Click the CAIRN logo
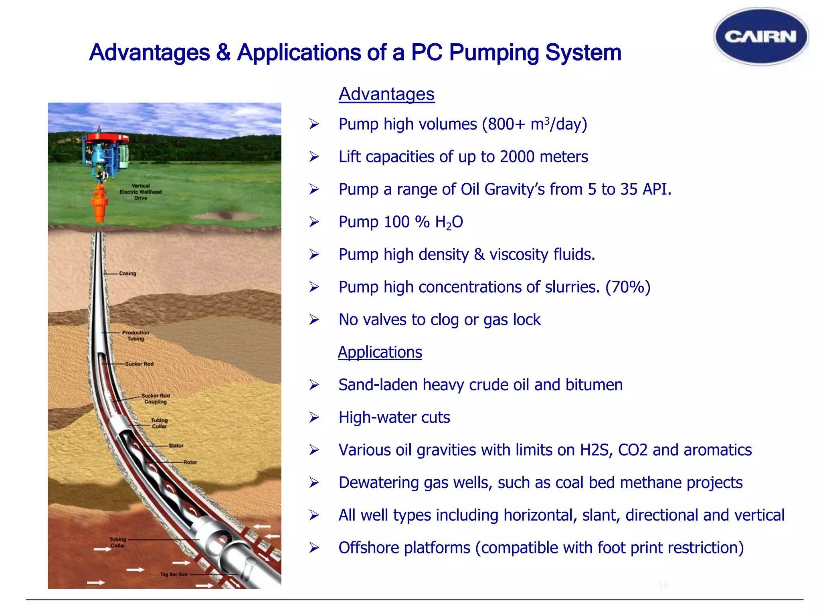pyautogui.click(x=761, y=36)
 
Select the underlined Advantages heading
pyautogui.click(x=386, y=94)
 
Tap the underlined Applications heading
pyautogui.click(x=380, y=352)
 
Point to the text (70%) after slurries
pyautogui.click(x=628, y=287)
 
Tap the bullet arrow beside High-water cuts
pyautogui.click(x=314, y=418)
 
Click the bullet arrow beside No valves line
pyautogui.click(x=314, y=320)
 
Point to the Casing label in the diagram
pyautogui.click(x=127, y=274)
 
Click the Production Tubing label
pyautogui.click(x=135, y=336)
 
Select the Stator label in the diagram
pyautogui.click(x=176, y=446)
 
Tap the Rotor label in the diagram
pyautogui.click(x=190, y=462)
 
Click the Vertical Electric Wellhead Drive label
pyautogui.click(x=141, y=192)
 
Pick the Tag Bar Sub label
pyautogui.click(x=174, y=574)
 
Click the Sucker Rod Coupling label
pyautogui.click(x=156, y=399)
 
